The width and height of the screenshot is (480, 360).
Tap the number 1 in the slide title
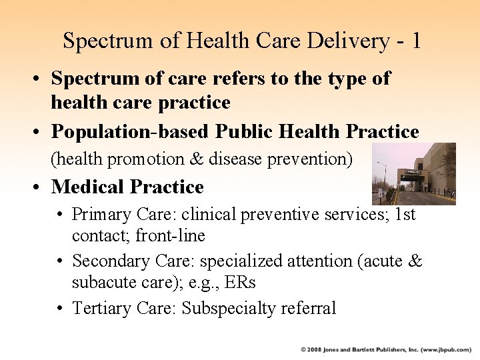[x=416, y=41]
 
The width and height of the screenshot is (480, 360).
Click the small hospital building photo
[x=414, y=174]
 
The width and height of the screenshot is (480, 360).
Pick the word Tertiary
[x=101, y=307]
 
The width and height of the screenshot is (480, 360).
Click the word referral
[x=312, y=307]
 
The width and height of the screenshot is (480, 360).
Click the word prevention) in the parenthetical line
[x=315, y=159]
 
